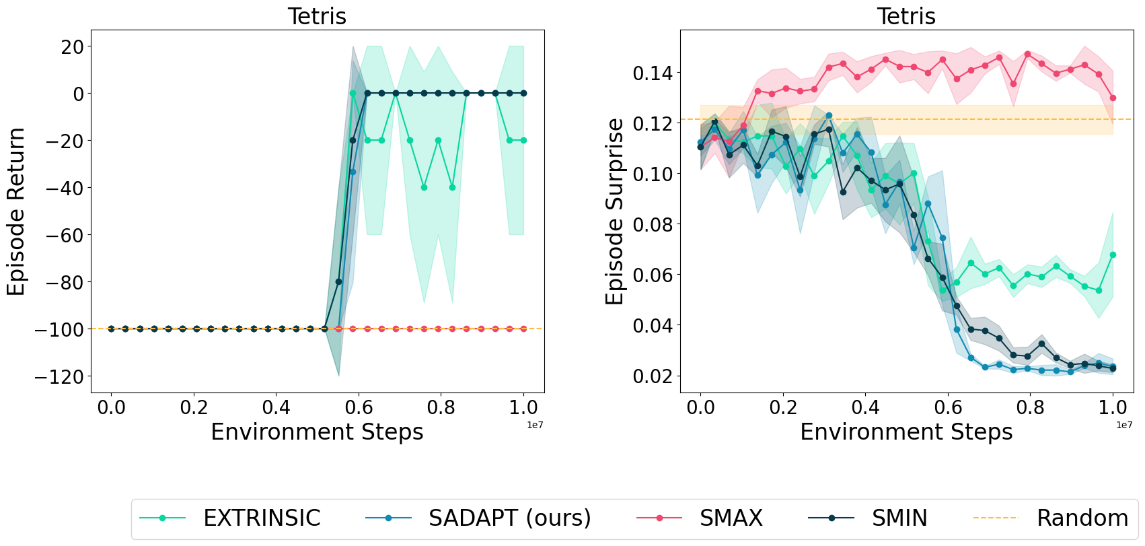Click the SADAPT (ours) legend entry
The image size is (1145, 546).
[x=509, y=518]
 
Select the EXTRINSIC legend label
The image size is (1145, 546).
[x=262, y=518]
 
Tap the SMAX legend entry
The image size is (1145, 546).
[x=731, y=518]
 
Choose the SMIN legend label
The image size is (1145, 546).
[x=899, y=518]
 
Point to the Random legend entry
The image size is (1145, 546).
[x=1082, y=518]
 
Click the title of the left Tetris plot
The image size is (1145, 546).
[x=317, y=16]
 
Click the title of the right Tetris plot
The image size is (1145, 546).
[x=906, y=16]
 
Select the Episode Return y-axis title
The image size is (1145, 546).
[x=16, y=211]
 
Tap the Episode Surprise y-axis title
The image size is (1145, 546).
[x=614, y=211]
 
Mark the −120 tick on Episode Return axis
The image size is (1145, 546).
[x=59, y=376]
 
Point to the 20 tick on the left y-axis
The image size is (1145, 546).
[x=72, y=46]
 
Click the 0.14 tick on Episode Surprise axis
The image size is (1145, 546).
[x=653, y=73]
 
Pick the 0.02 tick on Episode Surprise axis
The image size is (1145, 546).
[x=653, y=376]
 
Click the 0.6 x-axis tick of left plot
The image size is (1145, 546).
[x=359, y=407]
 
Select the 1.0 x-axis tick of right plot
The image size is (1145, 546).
[x=1113, y=407]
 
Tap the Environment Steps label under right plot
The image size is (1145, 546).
[x=906, y=432]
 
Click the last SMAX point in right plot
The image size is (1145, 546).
[x=1113, y=98]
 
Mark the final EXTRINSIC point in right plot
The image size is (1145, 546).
[x=1113, y=254]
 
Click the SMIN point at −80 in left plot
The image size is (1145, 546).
[x=338, y=281]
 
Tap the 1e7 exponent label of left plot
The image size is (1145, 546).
[x=535, y=425]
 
